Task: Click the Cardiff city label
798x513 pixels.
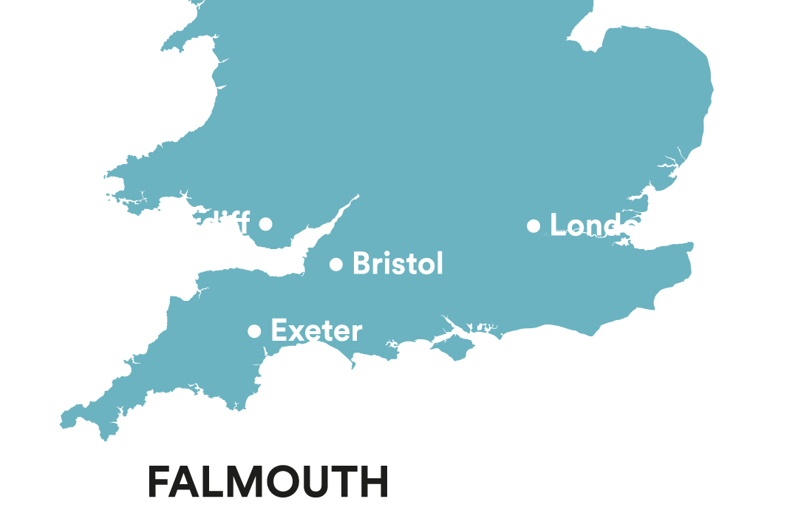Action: [199, 222]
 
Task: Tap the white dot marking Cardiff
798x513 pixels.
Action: [266, 223]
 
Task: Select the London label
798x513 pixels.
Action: [603, 225]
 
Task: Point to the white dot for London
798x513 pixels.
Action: [533, 226]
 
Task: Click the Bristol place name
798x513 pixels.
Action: [398, 263]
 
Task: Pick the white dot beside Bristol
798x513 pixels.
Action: [336, 264]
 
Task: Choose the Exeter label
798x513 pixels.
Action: [316, 330]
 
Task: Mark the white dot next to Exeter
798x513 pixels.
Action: [254, 331]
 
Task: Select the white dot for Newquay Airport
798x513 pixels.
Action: [126, 370]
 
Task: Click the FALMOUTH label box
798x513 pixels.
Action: [267, 481]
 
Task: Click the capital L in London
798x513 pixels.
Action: [558, 225]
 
